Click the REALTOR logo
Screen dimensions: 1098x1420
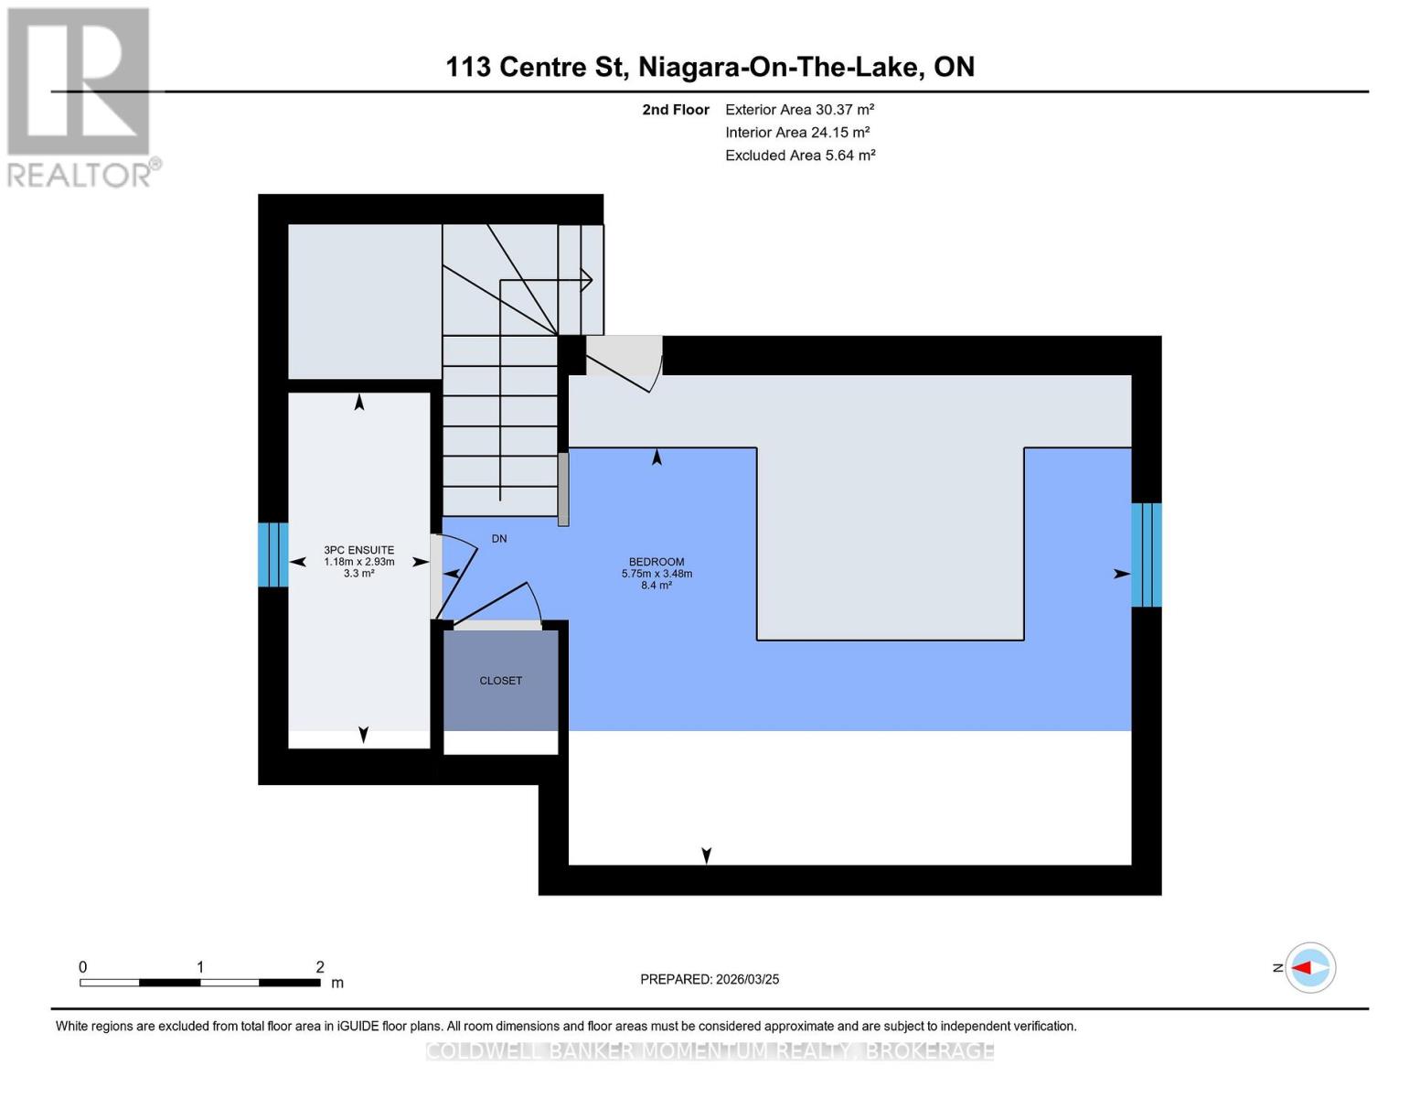[x=80, y=96]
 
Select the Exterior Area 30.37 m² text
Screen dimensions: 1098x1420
[x=799, y=110]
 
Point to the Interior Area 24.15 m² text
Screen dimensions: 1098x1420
[x=796, y=133]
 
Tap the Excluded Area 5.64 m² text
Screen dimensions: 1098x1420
[x=800, y=156]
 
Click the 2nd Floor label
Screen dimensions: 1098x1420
[x=675, y=110]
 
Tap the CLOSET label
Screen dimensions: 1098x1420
[x=500, y=681]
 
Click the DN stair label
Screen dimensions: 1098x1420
[x=499, y=539]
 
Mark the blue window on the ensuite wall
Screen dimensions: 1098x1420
[x=272, y=554]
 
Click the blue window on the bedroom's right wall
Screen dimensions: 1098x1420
[x=1146, y=554]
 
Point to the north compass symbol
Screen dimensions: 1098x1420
[x=1309, y=967]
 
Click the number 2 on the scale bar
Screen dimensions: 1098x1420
[x=320, y=967]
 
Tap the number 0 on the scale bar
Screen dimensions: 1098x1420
[x=83, y=967]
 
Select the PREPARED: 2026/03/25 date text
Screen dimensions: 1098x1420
[x=710, y=979]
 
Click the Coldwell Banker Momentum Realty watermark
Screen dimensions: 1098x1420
[x=710, y=1051]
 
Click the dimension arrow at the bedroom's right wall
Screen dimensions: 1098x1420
[x=1121, y=574]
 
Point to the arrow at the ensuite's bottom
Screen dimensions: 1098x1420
[x=363, y=734]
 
